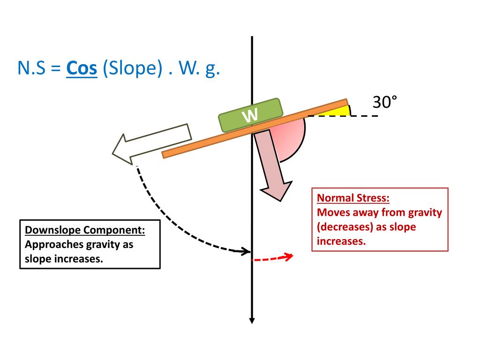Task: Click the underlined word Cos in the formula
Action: click(82, 69)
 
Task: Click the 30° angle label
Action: click(384, 102)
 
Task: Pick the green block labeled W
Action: click(251, 115)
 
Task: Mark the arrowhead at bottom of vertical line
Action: click(252, 320)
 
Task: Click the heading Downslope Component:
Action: click(85, 231)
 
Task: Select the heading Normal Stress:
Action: click(353, 197)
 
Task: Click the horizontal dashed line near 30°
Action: click(366, 116)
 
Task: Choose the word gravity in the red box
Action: click(424, 213)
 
